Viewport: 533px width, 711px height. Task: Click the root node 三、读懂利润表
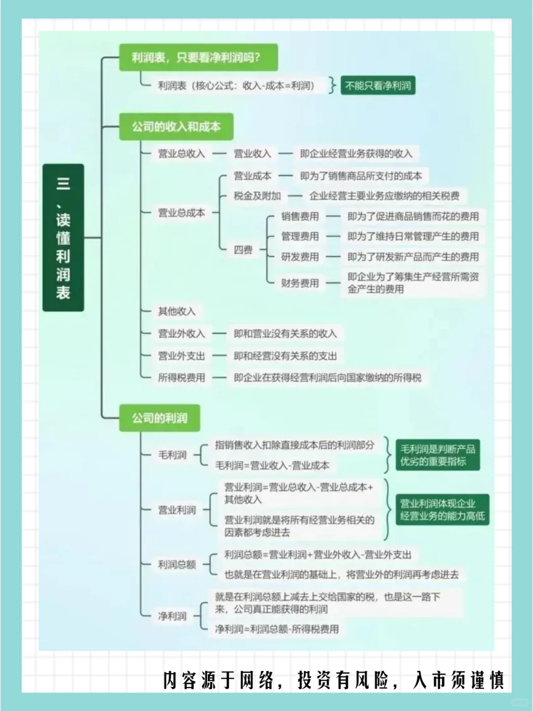click(63, 237)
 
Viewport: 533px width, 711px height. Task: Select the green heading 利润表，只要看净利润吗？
click(198, 57)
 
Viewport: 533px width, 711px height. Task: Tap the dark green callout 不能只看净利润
click(378, 85)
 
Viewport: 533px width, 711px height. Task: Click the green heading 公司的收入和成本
click(176, 127)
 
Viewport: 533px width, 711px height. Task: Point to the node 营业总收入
click(181, 154)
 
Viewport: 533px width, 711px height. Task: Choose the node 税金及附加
click(257, 196)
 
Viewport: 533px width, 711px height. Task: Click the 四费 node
click(243, 250)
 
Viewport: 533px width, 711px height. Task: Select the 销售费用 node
click(300, 216)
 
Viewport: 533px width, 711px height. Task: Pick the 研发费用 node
click(300, 257)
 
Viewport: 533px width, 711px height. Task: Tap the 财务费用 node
click(300, 283)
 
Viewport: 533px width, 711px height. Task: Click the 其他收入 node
click(177, 311)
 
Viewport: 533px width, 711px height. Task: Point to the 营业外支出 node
click(181, 356)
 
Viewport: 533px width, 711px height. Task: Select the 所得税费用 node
click(181, 378)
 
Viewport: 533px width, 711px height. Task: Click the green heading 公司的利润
click(159, 418)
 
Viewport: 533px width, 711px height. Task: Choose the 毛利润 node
click(172, 455)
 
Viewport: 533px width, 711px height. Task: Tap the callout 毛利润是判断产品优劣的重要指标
click(437, 455)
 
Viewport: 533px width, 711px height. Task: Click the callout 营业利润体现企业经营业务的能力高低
click(442, 510)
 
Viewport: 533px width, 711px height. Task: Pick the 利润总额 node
click(177, 564)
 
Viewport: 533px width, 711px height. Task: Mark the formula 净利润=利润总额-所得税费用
click(277, 629)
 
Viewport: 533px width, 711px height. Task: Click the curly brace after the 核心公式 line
click(333, 85)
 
